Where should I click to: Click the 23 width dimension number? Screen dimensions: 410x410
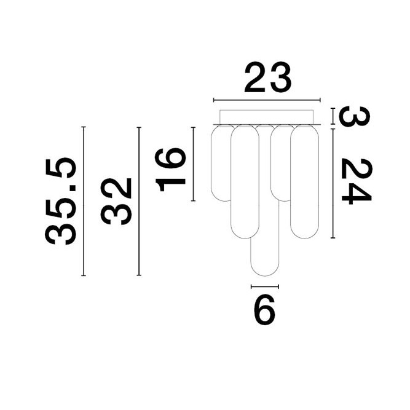tap(267, 78)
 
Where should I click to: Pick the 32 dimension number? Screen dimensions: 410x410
tap(117, 201)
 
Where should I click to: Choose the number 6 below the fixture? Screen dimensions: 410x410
tap(264, 312)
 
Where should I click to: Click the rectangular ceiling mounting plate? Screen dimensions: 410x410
tap(266, 117)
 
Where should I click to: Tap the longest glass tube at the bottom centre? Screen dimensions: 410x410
tap(264, 255)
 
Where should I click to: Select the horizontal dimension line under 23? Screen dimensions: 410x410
tap(266, 100)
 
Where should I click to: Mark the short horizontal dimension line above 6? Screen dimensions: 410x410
tap(265, 286)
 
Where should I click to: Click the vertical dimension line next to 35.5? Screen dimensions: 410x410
tap(83, 201)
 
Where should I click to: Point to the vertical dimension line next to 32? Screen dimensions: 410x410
tap(139, 201)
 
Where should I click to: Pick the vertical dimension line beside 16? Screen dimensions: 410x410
tap(194, 164)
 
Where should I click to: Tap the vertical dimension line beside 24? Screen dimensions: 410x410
tap(333, 183)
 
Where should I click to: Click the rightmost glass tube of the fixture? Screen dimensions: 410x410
tap(304, 181)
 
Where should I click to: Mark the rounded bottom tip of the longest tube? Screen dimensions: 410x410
tap(264, 275)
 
